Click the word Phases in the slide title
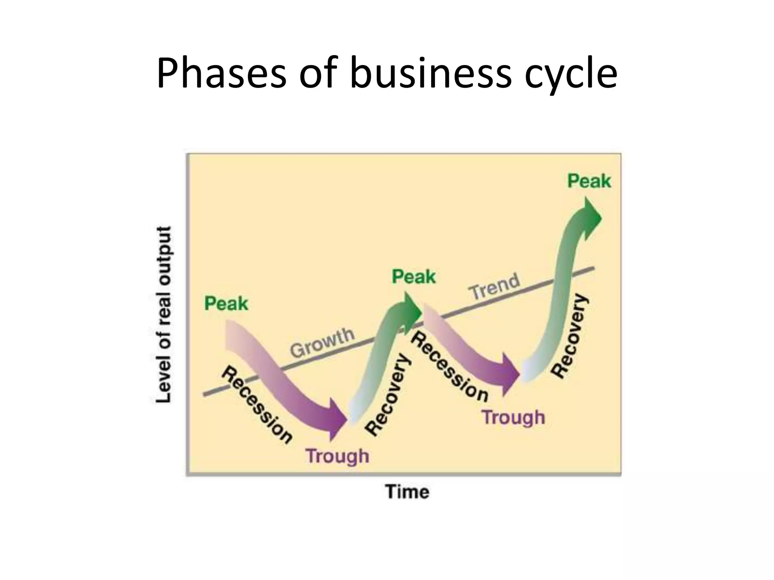pos(221,73)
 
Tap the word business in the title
pos(430,73)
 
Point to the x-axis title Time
pos(407,492)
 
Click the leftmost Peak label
pos(226,304)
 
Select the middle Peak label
pos(413,277)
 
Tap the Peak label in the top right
pos(589,181)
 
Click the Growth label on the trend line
pos(322,343)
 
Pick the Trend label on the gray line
pos(494,286)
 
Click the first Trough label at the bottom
pos(337,456)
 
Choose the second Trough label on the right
pos(514,418)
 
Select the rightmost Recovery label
pos(571,336)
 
